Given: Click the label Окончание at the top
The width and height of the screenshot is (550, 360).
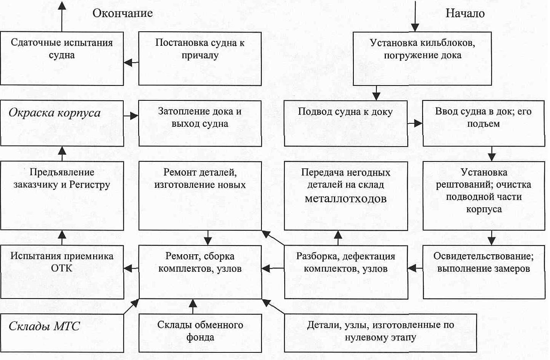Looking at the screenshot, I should (123, 13).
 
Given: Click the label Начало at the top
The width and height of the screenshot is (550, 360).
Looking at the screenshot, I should (465, 13).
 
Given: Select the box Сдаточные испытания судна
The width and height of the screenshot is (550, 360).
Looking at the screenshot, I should (62, 58).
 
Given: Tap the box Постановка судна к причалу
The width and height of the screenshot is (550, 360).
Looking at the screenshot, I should (200, 58).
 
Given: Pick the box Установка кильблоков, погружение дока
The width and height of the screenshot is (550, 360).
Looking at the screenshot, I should (422, 58).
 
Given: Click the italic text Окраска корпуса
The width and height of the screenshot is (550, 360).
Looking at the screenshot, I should (55, 113).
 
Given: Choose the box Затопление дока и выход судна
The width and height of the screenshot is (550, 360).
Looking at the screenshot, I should (200, 123).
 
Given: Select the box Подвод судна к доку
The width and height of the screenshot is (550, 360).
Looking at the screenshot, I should (345, 123).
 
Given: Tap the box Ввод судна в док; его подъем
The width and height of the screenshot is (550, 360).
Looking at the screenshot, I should (483, 123).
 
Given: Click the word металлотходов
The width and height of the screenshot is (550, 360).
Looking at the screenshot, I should (345, 199).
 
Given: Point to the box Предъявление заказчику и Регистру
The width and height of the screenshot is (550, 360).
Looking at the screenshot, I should (62, 195).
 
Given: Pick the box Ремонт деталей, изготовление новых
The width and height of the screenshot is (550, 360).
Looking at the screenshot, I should (200, 195).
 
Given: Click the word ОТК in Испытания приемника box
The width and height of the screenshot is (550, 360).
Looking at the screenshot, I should (61, 268).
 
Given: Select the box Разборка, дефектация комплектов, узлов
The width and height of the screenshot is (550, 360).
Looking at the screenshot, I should (345, 272).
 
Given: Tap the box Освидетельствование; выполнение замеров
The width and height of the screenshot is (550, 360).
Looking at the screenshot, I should (483, 272).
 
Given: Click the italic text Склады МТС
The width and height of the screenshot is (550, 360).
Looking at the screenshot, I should (44, 326).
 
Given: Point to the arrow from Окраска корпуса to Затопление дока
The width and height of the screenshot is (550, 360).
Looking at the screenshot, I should (131, 116).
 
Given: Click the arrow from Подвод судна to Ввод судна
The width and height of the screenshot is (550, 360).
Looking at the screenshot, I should (415, 123).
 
